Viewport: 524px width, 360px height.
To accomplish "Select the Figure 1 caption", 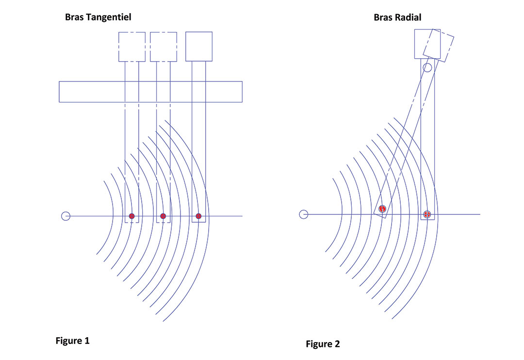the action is coord(72,341).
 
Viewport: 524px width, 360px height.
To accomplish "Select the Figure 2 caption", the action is coord(323,344).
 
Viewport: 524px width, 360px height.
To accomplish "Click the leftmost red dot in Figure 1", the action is coord(131,216).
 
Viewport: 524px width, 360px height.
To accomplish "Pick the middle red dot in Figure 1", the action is coord(163,216).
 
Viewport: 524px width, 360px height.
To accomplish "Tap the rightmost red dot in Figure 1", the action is coord(198,216).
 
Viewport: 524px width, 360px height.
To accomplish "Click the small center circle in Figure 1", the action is coord(66,216).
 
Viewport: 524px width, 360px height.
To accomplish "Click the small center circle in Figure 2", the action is coord(303,214).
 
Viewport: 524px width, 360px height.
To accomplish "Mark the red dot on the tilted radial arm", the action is coord(382,209).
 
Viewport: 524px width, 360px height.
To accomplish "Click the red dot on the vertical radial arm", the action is coord(427,214).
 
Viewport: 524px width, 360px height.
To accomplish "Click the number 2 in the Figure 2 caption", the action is coord(337,344).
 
